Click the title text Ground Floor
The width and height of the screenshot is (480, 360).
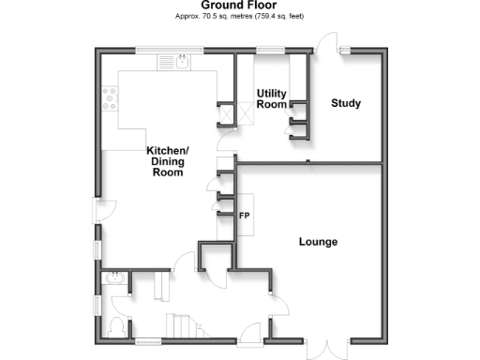coord(240,6)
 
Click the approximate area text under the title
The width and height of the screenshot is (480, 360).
coord(240,17)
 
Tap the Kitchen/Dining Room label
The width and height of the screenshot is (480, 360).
coord(167,160)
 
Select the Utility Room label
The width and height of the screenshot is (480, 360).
coord(271,98)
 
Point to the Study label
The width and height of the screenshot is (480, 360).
coord(346,102)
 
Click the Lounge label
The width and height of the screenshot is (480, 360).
coord(318,242)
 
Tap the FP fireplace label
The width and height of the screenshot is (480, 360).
coord(244,217)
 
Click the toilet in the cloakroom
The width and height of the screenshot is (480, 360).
coord(116,324)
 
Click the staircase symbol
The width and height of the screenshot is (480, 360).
coord(183,325)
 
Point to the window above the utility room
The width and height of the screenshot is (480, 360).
coord(272,49)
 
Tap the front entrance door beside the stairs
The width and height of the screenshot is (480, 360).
coord(249,332)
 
